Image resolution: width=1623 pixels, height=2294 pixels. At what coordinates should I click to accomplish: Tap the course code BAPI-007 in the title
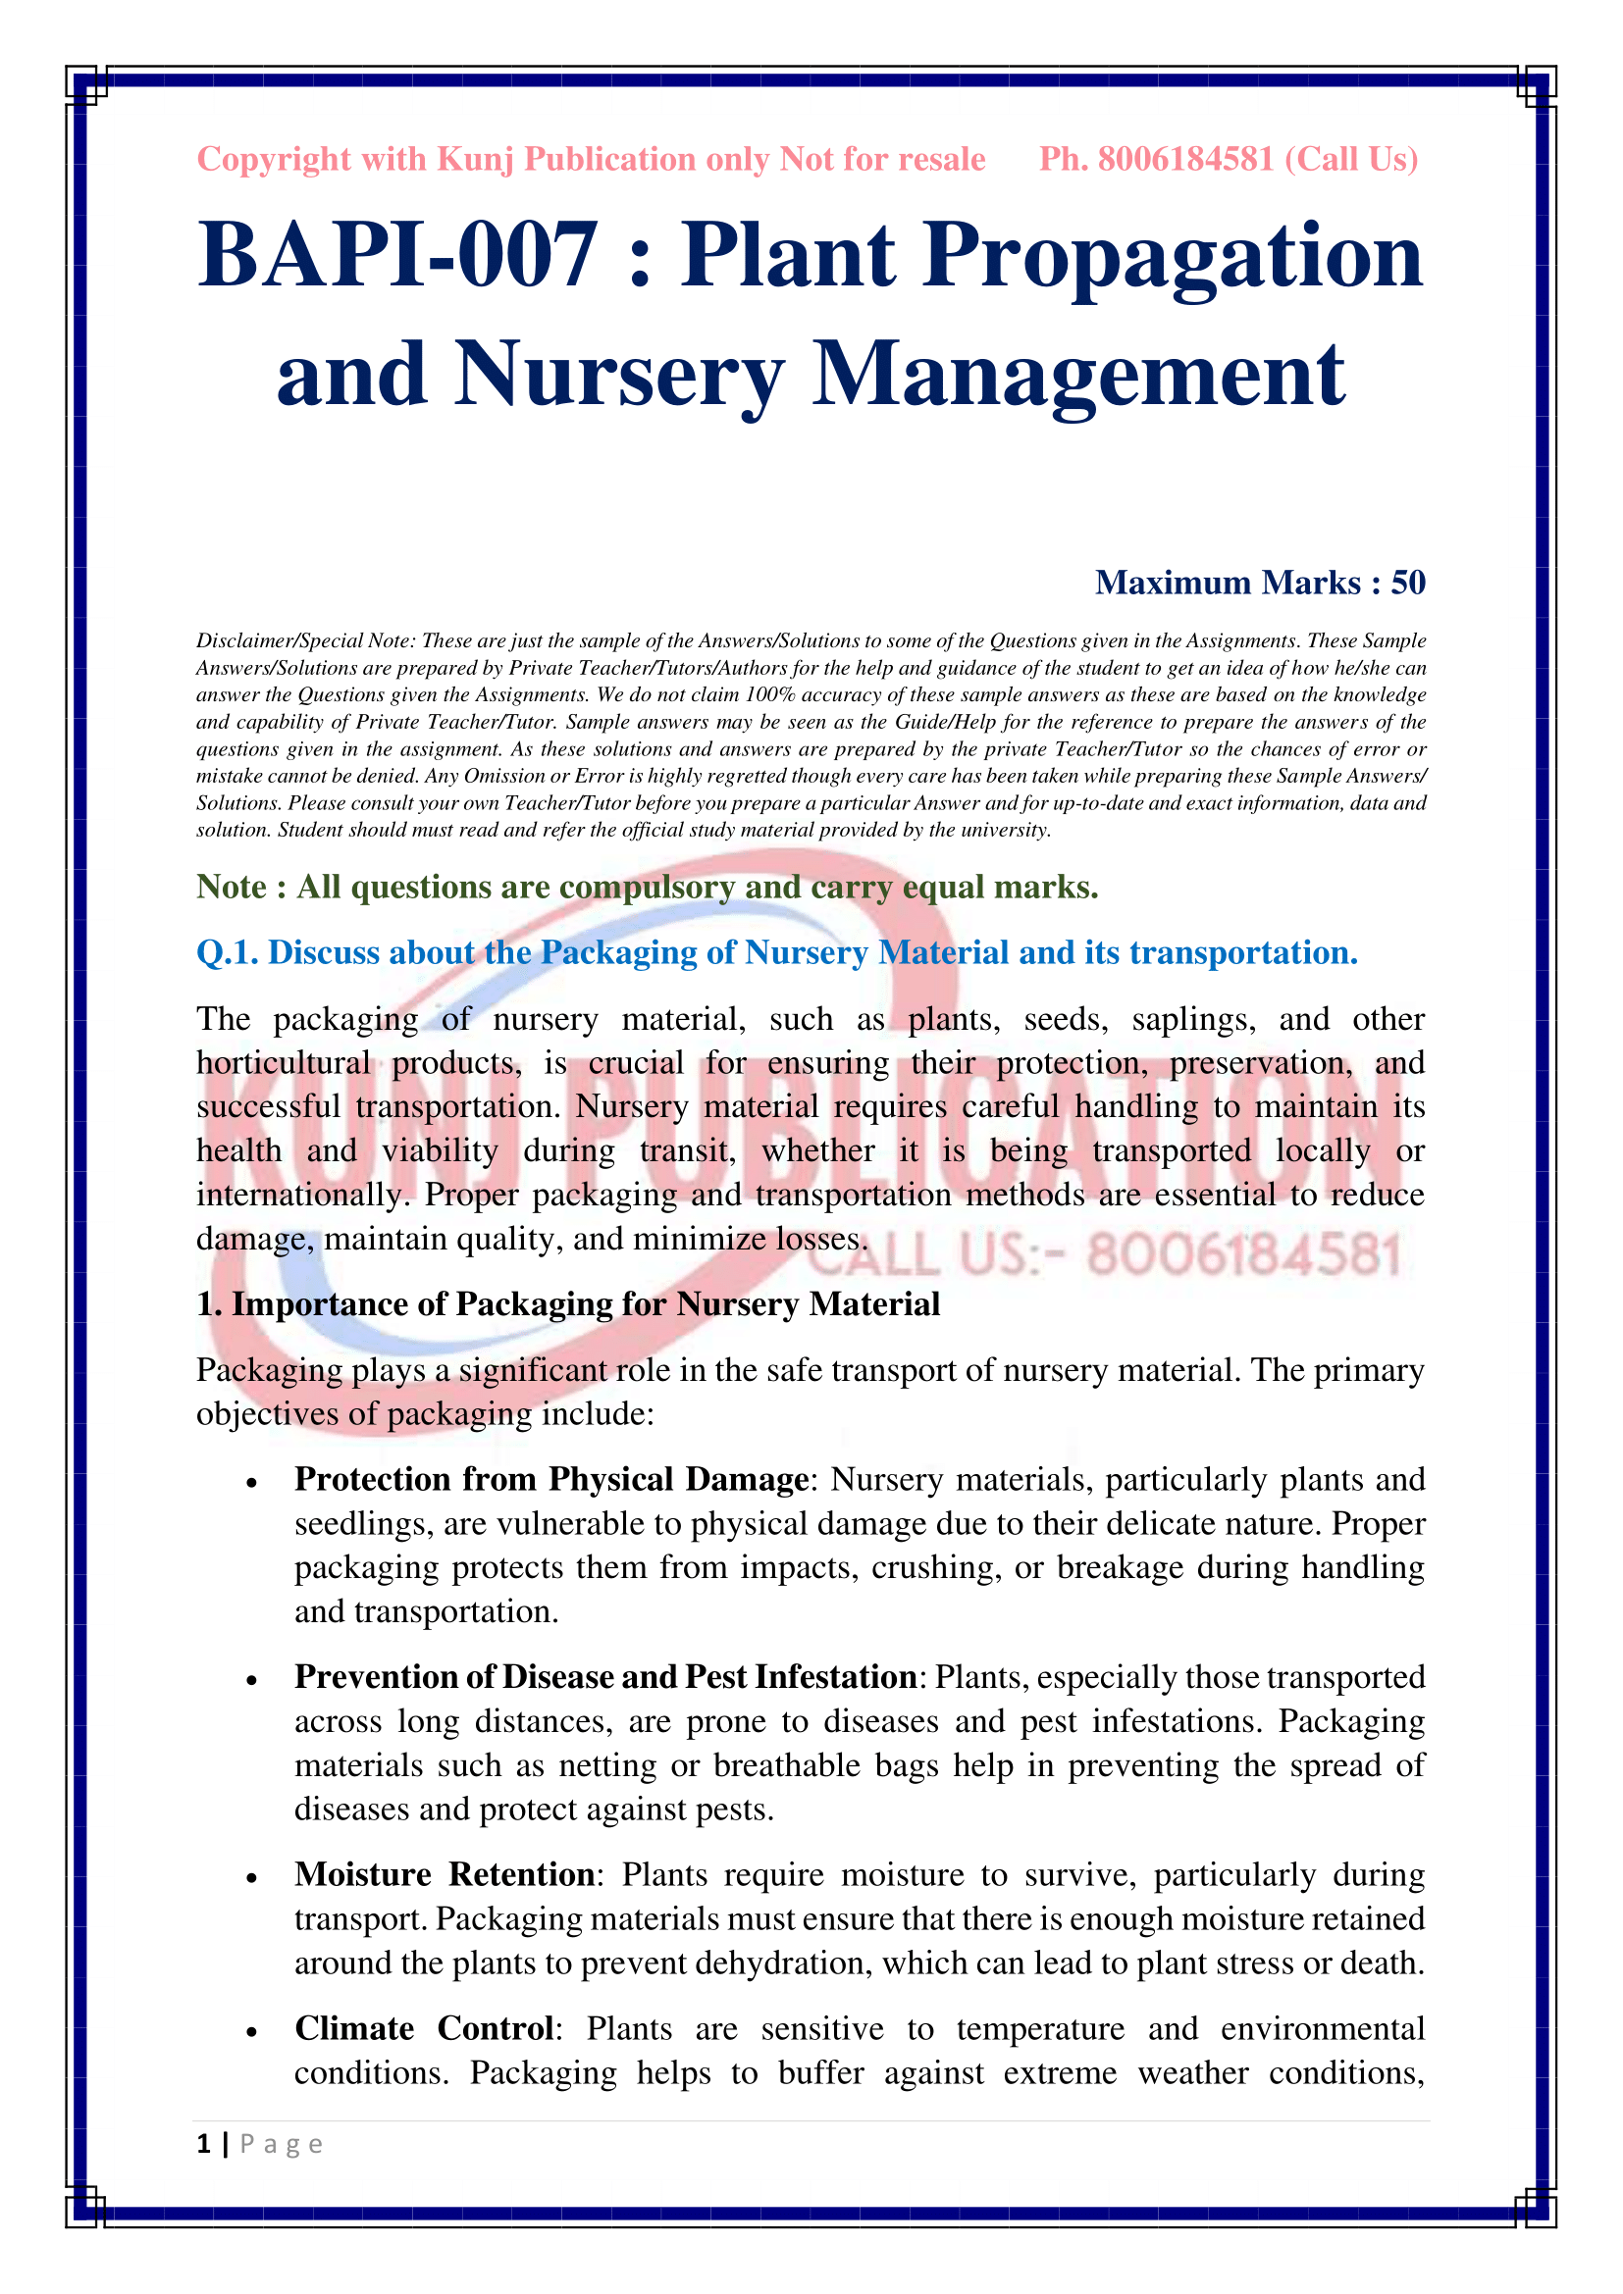coord(397,256)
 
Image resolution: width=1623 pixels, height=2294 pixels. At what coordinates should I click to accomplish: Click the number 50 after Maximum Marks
coord(1407,583)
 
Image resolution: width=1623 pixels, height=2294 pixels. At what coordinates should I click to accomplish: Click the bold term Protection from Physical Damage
coord(550,1479)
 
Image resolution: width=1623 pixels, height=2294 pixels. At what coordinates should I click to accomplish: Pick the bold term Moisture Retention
coord(445,1874)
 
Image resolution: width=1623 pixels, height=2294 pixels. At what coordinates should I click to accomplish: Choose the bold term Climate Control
coord(424,2028)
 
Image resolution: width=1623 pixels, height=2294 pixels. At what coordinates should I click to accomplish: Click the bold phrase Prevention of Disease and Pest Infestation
coord(605,1676)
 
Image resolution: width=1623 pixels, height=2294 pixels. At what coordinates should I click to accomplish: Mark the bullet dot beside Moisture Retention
coord(252,1878)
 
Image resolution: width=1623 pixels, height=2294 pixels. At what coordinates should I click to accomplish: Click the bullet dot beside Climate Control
coord(252,2032)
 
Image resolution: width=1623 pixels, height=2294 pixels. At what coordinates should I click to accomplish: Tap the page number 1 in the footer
coord(204,2143)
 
